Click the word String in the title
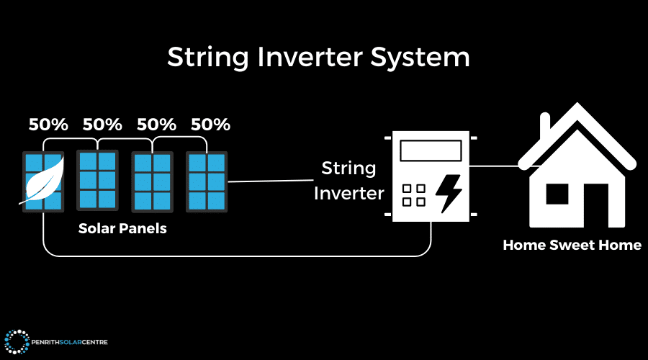204,57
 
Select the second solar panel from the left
97,181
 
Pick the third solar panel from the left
152,181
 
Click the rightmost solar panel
207,181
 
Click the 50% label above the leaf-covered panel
48,124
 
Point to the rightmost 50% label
210,124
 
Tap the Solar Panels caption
122,228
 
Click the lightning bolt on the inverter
450,192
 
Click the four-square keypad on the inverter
413,194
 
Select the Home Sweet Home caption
572,245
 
